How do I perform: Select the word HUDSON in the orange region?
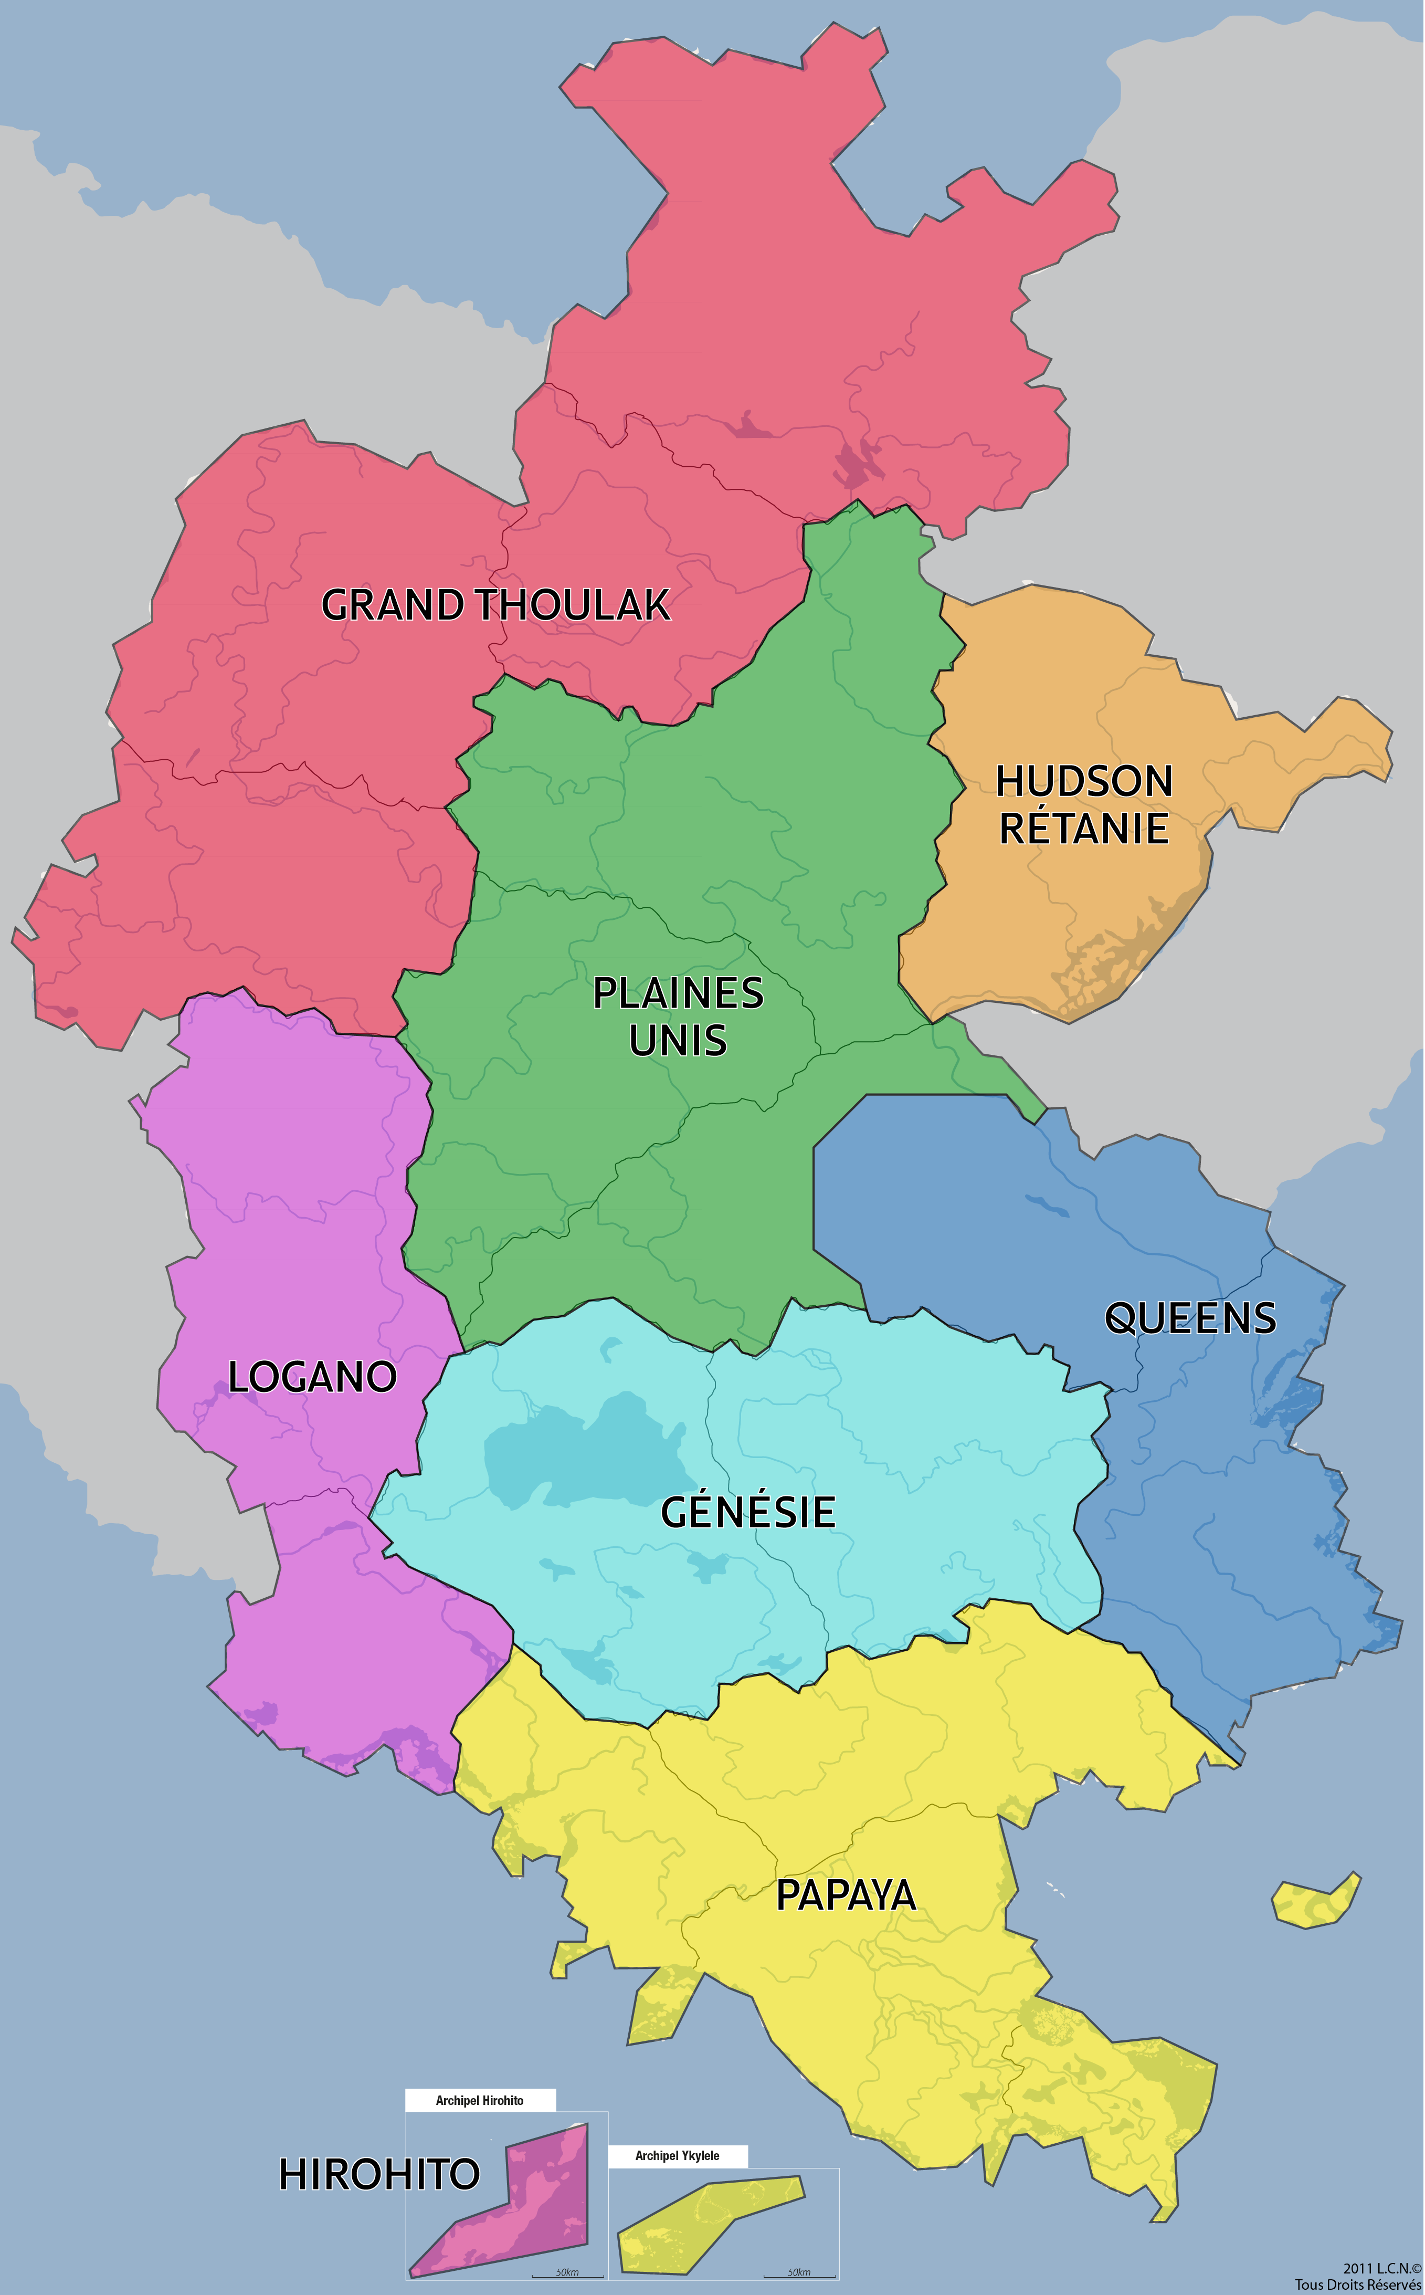[x=1084, y=781]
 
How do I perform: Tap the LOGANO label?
[x=312, y=1377]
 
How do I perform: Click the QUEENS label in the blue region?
[x=1190, y=1318]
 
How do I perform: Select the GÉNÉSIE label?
[x=747, y=1512]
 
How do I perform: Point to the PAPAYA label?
[x=846, y=1895]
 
